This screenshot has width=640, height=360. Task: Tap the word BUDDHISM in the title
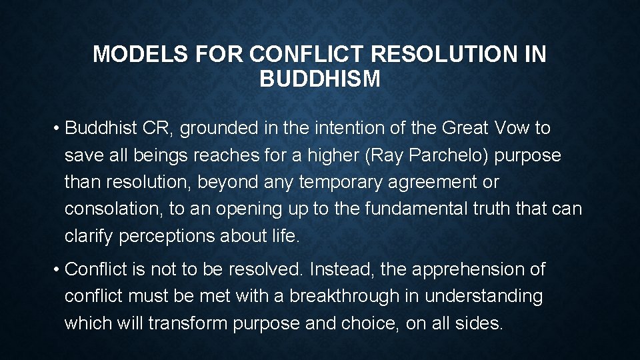320,80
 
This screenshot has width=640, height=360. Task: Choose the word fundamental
402,209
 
